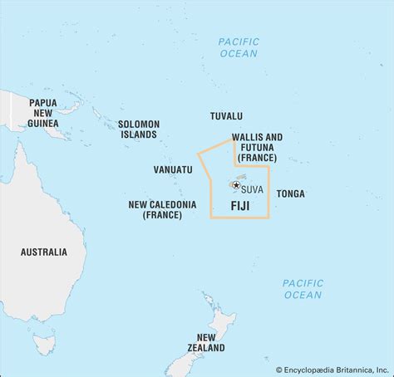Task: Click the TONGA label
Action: pyautogui.click(x=290, y=193)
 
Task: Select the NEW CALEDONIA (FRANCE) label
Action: pyautogui.click(x=163, y=208)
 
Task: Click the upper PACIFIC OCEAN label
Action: pyautogui.click(x=239, y=47)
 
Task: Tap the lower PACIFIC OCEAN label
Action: pyautogui.click(x=302, y=289)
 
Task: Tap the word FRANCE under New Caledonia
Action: pyautogui.click(x=163, y=214)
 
